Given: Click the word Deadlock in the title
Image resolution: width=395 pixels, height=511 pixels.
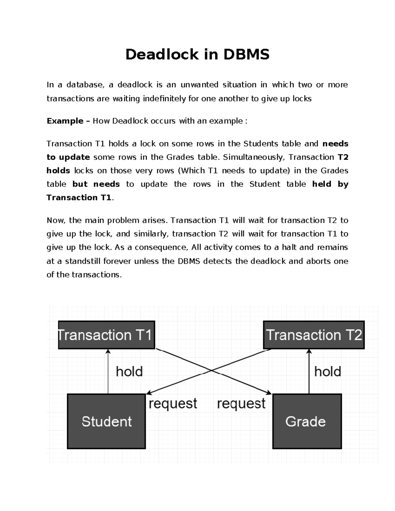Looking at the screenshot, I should [162, 54].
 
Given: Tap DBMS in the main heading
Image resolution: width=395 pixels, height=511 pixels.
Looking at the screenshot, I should [246, 54].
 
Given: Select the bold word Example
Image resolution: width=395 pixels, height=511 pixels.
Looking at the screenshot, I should [65, 121].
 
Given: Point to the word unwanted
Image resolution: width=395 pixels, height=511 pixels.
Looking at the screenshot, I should [199, 85].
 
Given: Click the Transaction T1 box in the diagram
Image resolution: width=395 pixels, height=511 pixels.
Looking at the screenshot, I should [106, 335].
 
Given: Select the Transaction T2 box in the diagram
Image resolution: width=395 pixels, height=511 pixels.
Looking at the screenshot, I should [314, 335].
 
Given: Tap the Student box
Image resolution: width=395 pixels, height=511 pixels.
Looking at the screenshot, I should [106, 422].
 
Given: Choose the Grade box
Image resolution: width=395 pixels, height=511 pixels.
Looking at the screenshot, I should [307, 422].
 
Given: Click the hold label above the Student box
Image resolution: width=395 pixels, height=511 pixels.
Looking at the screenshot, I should [129, 372].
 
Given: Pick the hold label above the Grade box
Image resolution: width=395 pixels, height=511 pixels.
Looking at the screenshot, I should [328, 372].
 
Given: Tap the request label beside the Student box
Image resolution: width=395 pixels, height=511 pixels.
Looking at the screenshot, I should [173, 404].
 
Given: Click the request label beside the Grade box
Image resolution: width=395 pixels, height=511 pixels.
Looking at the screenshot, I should [241, 404].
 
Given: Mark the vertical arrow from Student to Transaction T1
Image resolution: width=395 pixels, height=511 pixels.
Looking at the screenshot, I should [108, 372].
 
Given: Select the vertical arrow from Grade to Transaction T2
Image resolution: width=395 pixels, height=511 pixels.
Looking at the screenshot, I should [309, 372].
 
